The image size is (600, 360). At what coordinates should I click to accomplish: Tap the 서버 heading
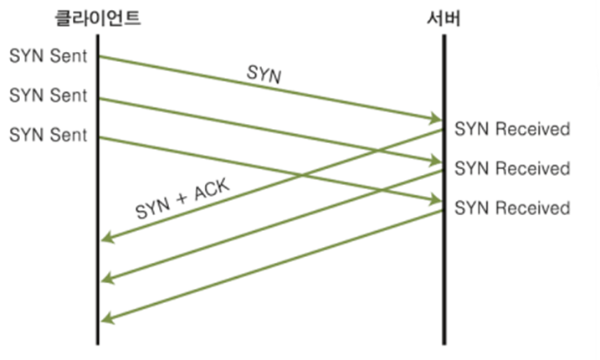[x=444, y=18]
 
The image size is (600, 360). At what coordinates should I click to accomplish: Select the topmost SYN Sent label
[x=48, y=56]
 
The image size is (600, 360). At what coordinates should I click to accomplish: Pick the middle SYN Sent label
[x=48, y=95]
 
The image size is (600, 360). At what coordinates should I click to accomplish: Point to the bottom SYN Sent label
[x=48, y=135]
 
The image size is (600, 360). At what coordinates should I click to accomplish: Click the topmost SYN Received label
[x=512, y=129]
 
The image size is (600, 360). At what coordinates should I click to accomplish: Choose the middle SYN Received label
[x=512, y=168]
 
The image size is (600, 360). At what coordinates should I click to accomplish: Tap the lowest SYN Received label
[x=512, y=208]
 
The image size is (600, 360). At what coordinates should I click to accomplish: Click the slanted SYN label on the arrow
[x=264, y=74]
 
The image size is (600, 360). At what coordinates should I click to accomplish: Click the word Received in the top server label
[x=533, y=129]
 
